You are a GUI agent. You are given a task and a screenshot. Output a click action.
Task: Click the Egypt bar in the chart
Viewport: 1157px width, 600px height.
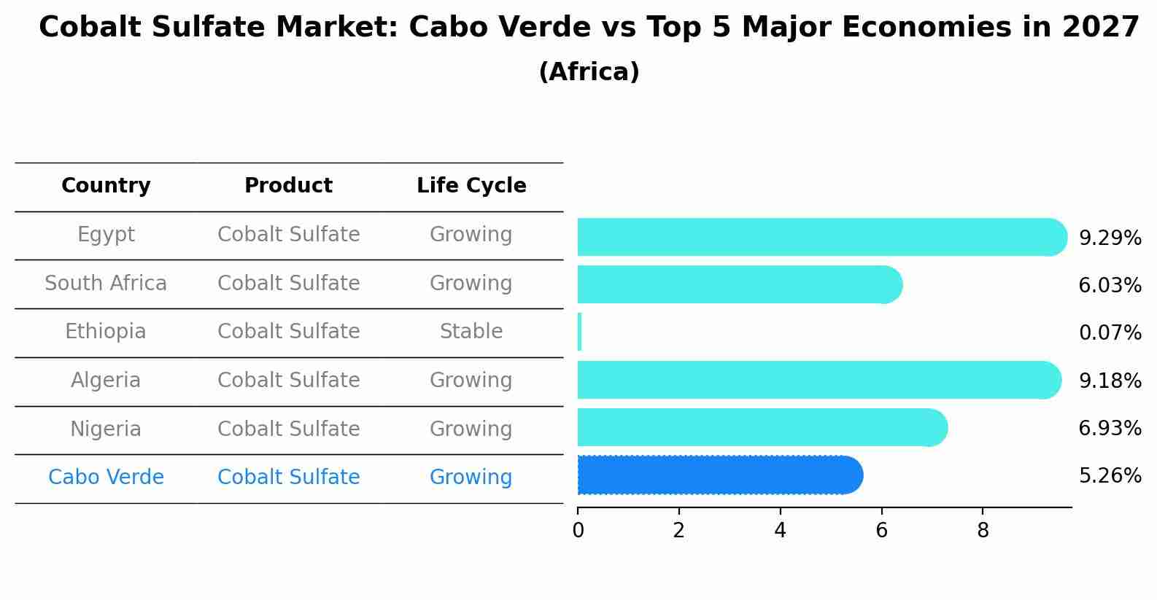coord(817,237)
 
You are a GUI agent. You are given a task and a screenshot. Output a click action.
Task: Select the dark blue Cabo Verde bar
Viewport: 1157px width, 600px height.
coord(719,475)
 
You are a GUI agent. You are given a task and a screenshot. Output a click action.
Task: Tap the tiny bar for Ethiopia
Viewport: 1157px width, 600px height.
coord(580,332)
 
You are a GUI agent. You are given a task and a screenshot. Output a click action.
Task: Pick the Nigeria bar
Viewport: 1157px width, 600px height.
coord(759,427)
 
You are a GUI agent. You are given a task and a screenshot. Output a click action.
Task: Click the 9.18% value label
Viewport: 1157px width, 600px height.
coord(1110,381)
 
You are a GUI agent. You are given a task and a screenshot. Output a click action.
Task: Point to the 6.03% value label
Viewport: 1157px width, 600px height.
coord(1110,285)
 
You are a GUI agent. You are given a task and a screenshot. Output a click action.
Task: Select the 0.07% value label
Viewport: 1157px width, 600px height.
coord(1110,333)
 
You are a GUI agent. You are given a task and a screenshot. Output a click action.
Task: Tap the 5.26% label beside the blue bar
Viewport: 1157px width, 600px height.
coord(1110,476)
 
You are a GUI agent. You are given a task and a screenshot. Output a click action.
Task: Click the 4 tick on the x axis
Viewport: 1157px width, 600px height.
coord(780,531)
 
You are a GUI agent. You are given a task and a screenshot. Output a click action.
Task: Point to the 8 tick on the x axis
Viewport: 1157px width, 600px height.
coord(983,531)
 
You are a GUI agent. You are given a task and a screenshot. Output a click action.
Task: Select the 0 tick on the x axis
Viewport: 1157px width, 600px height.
coord(578,531)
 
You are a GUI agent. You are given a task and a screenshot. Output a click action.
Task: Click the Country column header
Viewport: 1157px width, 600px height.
coord(106,186)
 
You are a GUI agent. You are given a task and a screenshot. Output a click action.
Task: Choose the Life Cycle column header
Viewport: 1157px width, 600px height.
coord(471,186)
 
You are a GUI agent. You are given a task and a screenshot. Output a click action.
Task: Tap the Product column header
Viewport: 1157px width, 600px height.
coord(288,186)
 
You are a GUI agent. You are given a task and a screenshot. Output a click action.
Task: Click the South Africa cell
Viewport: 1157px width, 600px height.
coord(106,283)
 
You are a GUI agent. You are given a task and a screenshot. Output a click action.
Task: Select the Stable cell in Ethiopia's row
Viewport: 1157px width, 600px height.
coord(471,332)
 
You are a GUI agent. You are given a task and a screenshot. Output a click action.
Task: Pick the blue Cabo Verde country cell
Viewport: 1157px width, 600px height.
coord(106,478)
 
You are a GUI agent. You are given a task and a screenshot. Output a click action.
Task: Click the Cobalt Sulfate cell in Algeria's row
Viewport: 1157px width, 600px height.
coord(288,381)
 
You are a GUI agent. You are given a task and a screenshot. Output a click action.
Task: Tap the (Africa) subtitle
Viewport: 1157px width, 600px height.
coord(589,72)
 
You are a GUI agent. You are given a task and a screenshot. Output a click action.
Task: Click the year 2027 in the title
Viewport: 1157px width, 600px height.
coord(1101,28)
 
